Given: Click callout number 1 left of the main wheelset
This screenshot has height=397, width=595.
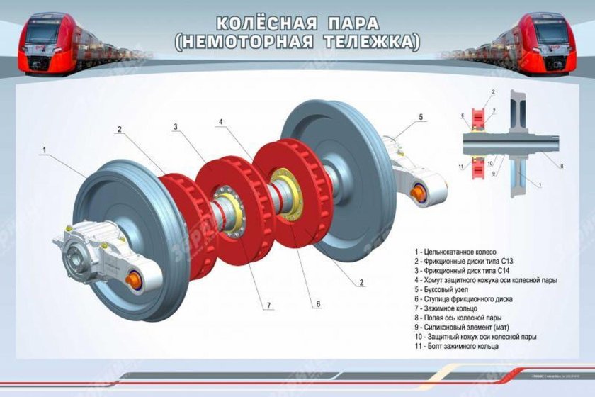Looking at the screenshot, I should click(44, 150).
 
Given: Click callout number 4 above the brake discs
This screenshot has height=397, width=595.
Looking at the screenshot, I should click(222, 122).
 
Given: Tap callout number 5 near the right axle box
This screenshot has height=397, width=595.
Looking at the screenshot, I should click(421, 116).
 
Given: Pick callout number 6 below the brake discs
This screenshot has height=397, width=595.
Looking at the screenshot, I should click(318, 303).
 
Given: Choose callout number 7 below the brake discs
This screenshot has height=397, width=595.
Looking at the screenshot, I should click(268, 306).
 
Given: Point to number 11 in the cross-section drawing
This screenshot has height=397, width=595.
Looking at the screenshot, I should click(460, 167).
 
